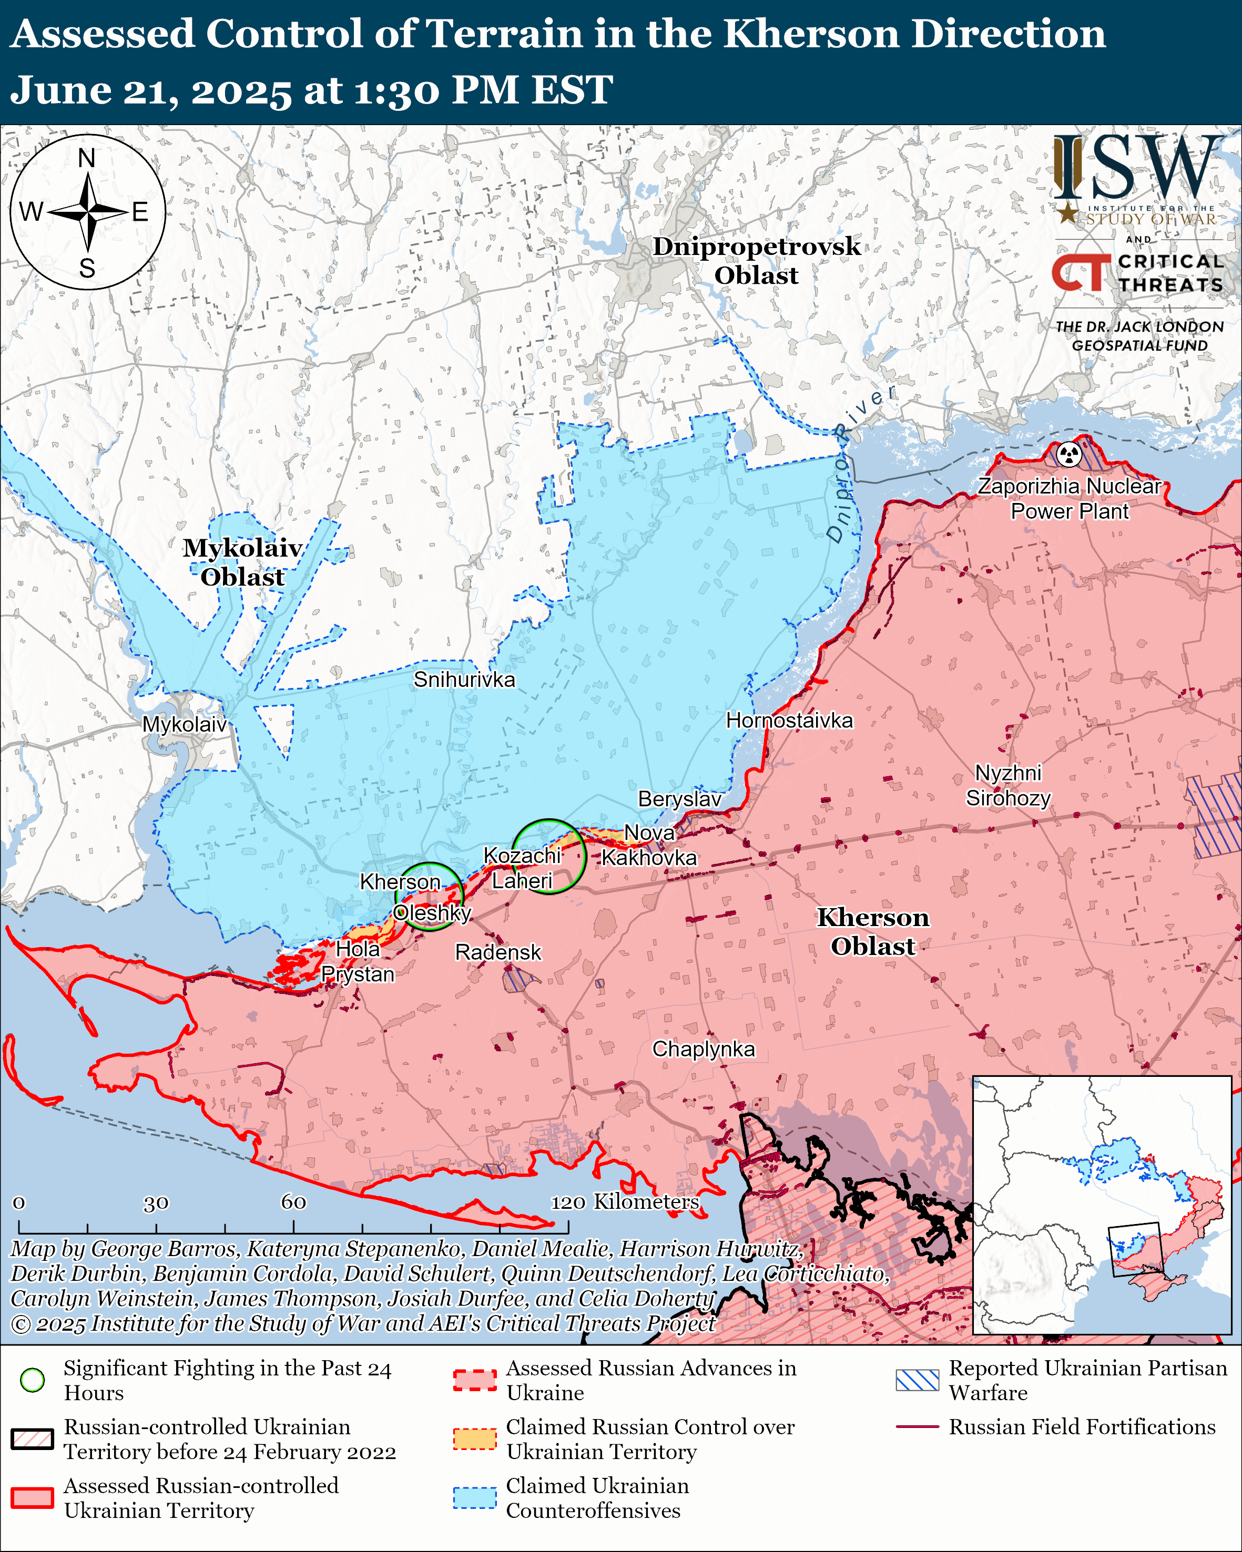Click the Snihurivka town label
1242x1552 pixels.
tap(464, 680)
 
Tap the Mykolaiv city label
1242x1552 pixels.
tap(185, 724)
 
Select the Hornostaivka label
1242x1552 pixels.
tap(789, 721)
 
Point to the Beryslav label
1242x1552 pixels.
tap(680, 799)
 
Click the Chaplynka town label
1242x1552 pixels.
tap(704, 1049)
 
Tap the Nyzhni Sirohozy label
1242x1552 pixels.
tap(1008, 785)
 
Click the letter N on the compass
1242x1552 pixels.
tap(86, 158)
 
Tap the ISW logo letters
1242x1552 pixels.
tap(1137, 167)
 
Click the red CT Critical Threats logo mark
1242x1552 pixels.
tap(1080, 273)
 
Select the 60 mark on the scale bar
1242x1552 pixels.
tap(293, 1202)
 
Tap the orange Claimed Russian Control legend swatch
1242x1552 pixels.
tap(474, 1439)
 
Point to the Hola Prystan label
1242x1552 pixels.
tap(358, 962)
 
